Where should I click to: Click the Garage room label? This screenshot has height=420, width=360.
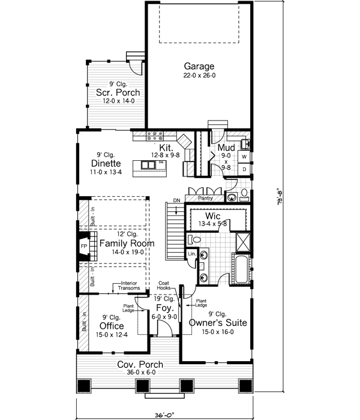[199, 66]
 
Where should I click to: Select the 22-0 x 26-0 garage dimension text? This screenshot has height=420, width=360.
[199, 76]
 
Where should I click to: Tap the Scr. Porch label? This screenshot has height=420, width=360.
[118, 92]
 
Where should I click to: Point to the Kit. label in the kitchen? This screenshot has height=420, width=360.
[166, 147]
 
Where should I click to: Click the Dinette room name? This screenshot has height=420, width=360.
[106, 163]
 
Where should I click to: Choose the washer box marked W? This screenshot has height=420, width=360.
[245, 157]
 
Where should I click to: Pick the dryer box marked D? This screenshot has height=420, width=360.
[245, 170]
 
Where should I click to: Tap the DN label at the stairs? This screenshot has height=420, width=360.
[176, 200]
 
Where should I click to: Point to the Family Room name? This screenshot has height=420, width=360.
[127, 244]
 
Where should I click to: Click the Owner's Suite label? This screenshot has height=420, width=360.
[218, 322]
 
